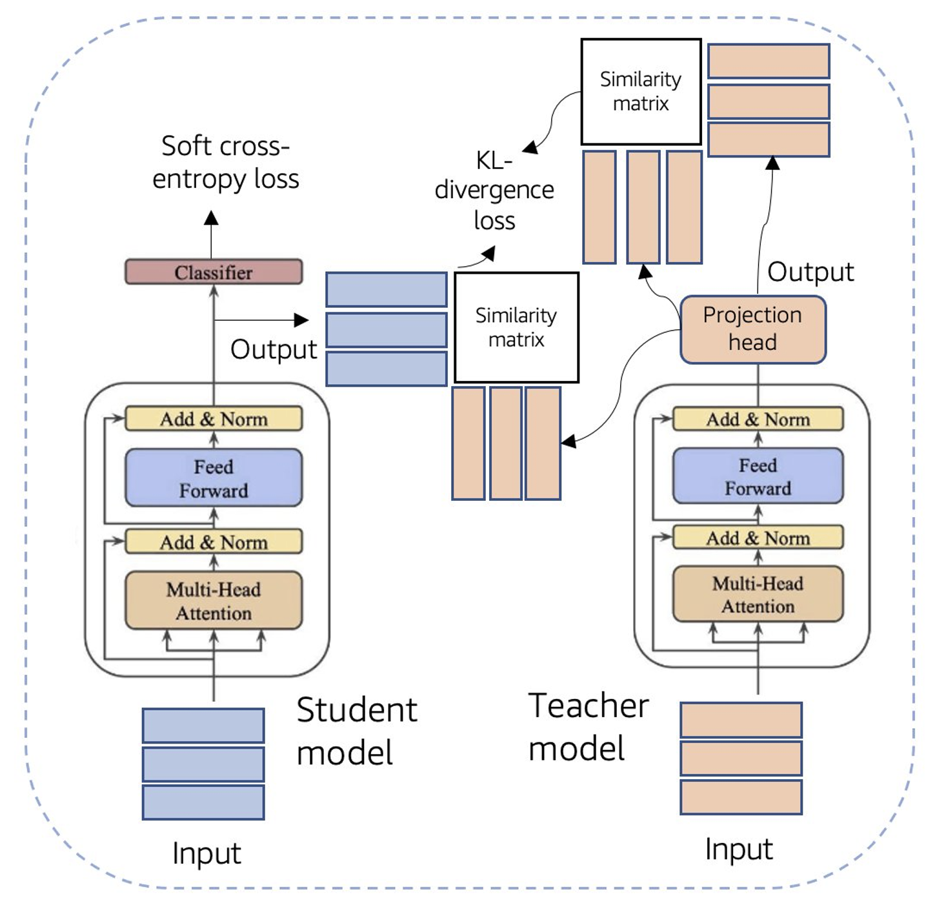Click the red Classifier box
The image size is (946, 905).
(214, 272)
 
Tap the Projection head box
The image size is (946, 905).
(753, 329)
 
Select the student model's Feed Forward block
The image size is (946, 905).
(214, 478)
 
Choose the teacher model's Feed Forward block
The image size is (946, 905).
(758, 476)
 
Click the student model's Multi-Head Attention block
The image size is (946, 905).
(214, 600)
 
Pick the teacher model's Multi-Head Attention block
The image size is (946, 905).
(758, 595)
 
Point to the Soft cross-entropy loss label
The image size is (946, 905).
(225, 162)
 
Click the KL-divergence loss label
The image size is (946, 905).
(494, 190)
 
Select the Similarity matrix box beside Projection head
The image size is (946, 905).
(641, 92)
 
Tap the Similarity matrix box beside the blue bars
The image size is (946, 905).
(516, 327)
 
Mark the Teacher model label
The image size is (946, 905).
(588, 727)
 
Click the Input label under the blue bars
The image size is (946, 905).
(206, 853)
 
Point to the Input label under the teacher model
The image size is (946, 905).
(739, 849)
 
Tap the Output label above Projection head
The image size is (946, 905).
(810, 272)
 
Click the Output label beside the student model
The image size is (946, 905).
(274, 349)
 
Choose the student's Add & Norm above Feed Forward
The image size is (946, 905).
(214, 419)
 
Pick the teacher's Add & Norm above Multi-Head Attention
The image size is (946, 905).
(758, 538)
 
